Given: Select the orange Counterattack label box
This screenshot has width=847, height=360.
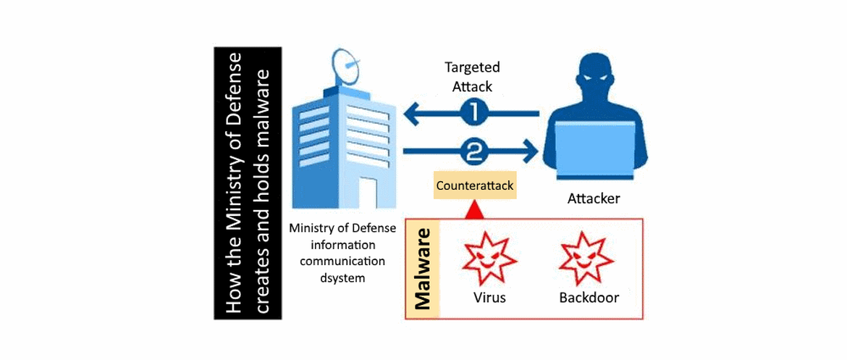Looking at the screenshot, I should click(474, 186).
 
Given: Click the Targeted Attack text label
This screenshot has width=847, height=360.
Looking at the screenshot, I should click(472, 76).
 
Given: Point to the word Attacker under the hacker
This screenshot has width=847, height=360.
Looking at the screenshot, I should click(594, 198).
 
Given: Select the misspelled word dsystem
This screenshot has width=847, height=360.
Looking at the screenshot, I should click(342, 277).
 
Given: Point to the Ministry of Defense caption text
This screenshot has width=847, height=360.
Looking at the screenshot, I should click(342, 227).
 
